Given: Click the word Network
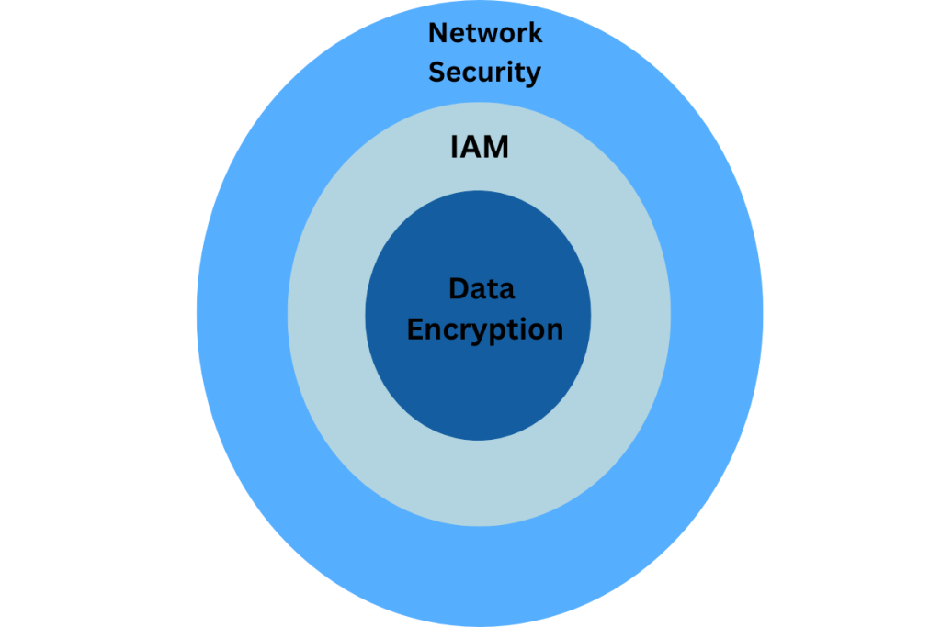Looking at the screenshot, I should [485, 34].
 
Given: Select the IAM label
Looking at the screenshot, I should [479, 147].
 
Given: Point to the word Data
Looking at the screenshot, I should [482, 289].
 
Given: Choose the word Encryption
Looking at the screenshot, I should [484, 330].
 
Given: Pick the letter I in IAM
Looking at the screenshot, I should [453, 147].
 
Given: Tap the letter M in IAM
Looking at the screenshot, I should [494, 147].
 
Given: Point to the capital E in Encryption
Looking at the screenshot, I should [415, 329].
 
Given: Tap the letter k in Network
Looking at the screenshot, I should [534, 34].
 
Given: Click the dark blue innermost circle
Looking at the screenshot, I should [478, 395].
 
